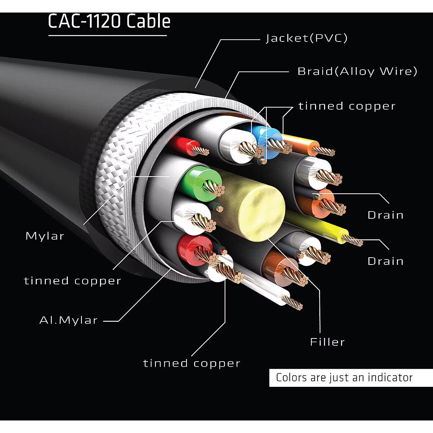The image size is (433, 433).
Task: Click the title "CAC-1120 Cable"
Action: pyautogui.click(x=109, y=21)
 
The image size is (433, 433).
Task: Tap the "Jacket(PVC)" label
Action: pyautogui.click(x=306, y=38)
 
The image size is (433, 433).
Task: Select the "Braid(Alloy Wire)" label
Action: pyautogui.click(x=357, y=71)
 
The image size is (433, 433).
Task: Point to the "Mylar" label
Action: pyautogui.click(x=45, y=236)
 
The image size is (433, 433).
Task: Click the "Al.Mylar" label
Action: pyautogui.click(x=69, y=320)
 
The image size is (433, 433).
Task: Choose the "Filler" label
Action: pyautogui.click(x=327, y=342)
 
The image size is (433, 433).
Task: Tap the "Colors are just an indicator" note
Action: pyautogui.click(x=344, y=377)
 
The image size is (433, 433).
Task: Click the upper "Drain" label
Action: pyautogui.click(x=385, y=215)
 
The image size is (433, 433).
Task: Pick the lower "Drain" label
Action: pyautogui.click(x=385, y=261)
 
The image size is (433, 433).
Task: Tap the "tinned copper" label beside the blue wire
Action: pyautogui.click(x=347, y=106)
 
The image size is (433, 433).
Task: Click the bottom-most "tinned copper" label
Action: pyautogui.click(x=192, y=363)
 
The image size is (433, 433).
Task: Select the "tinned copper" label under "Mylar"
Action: pyautogui.click(x=73, y=281)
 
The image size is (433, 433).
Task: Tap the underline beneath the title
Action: pyautogui.click(x=108, y=35)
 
